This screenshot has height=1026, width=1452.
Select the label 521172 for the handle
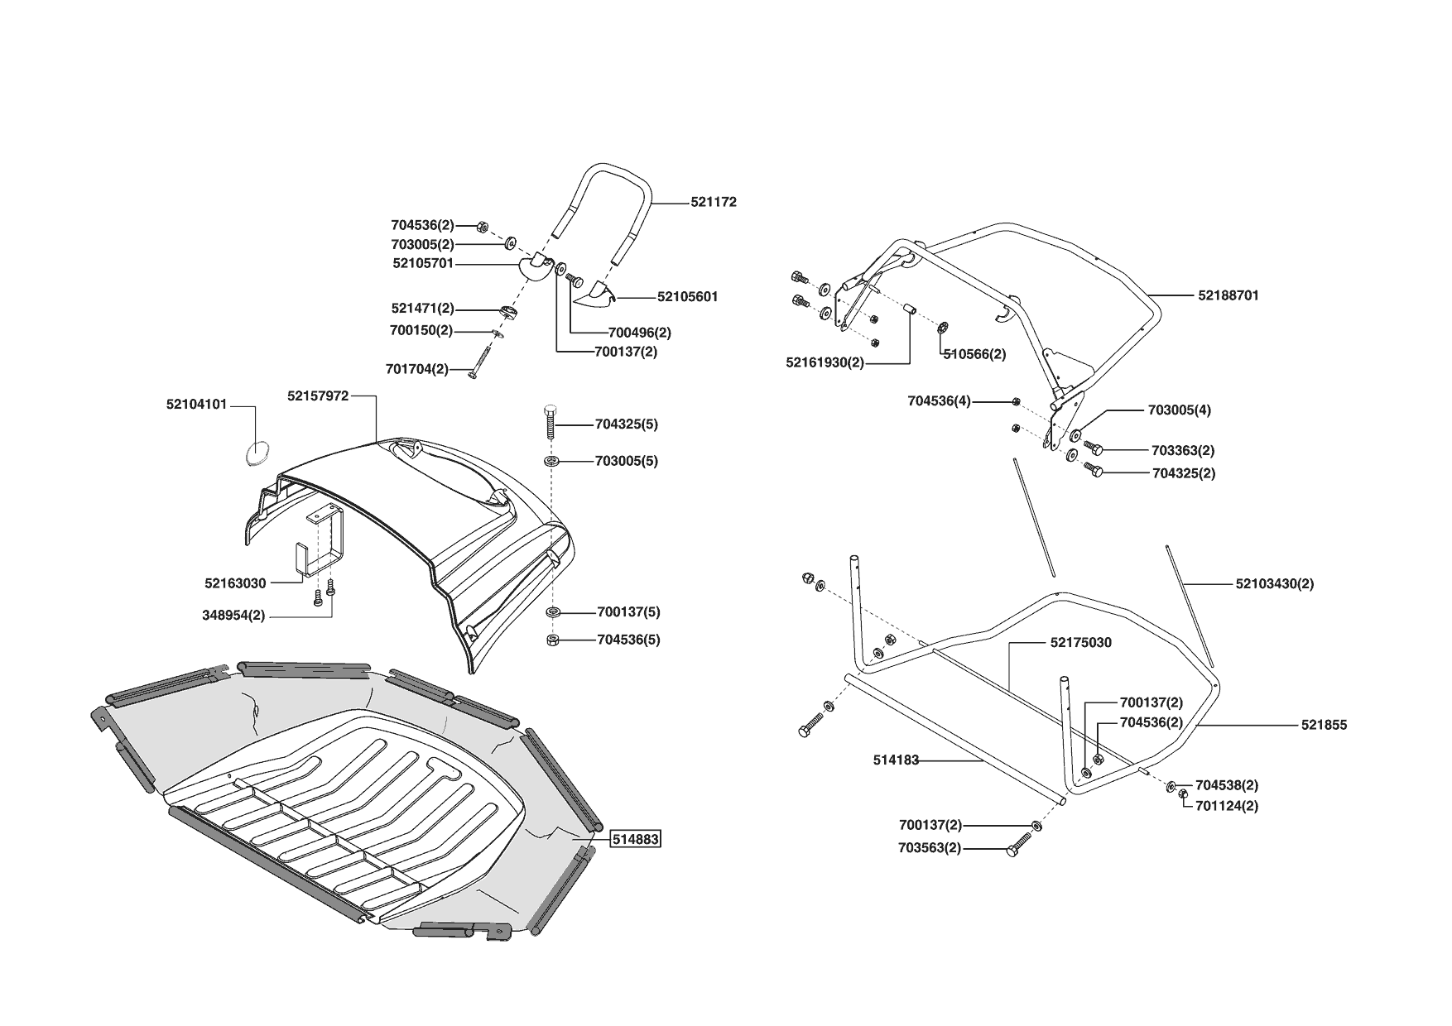[x=713, y=202]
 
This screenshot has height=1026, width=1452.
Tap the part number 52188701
[x=1228, y=295]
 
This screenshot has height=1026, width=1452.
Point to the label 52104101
[x=196, y=405]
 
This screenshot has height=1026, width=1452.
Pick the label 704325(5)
[x=626, y=424]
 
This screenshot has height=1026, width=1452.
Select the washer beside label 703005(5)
[x=551, y=460]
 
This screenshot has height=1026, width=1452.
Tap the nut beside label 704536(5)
[x=551, y=640]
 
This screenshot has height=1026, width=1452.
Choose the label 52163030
[x=235, y=583]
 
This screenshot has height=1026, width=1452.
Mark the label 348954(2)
[x=233, y=616]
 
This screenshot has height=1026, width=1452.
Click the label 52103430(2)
[x=1274, y=583]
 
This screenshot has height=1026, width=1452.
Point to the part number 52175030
[x=1080, y=642]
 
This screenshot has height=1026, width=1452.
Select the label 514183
[x=896, y=760]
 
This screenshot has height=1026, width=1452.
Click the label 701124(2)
[x=1227, y=806]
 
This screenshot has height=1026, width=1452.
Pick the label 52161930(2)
[x=825, y=362]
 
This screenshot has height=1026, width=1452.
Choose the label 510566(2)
[x=974, y=354]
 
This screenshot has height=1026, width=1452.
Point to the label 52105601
[x=687, y=296]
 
